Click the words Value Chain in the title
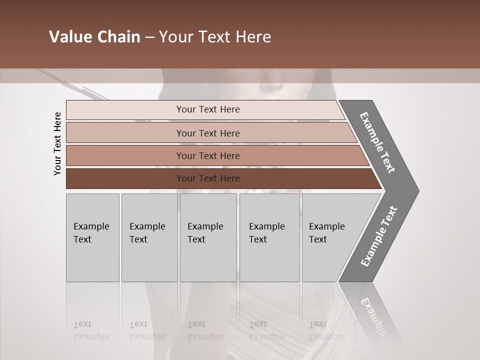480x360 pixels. pos(94,37)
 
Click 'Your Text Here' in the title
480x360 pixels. pos(215,37)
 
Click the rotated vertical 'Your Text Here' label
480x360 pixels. pos(57,143)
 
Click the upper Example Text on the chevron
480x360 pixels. pos(377,142)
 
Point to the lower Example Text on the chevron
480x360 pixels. pos(378,236)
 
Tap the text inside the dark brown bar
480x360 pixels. pos(208,178)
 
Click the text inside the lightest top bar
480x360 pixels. pos(208,109)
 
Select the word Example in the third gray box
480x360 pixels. pos(205,226)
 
